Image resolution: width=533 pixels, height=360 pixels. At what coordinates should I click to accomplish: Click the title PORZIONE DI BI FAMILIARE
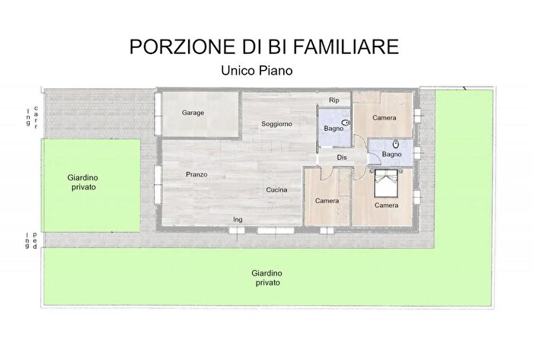263,46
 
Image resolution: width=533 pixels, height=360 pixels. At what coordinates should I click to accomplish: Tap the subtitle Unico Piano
257,70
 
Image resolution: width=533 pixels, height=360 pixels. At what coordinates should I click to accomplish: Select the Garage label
193,113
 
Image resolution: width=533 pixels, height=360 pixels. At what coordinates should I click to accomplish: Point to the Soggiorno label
276,124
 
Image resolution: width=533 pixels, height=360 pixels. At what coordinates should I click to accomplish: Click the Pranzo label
196,174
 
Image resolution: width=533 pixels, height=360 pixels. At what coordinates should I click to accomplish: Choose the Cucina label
275,190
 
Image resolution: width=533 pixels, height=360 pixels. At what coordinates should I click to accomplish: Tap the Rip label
334,100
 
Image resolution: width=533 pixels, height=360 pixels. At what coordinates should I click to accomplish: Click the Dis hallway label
342,158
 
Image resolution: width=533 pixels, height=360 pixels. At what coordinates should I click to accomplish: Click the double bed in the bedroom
386,183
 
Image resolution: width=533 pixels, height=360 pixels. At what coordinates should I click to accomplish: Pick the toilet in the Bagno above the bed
397,142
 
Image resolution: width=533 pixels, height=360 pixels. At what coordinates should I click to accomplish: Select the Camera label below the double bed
386,205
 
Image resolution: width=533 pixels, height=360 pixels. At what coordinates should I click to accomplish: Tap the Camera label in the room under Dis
327,200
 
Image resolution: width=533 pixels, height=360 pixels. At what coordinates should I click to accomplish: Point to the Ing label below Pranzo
238,220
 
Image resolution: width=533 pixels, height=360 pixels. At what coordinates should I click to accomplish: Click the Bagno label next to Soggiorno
333,129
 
